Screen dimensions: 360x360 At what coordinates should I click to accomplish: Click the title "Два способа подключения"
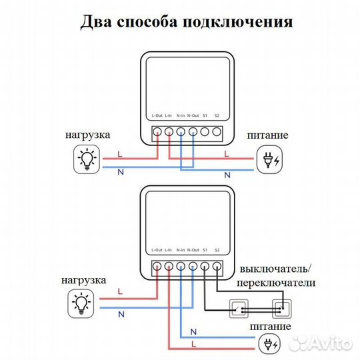[186, 21]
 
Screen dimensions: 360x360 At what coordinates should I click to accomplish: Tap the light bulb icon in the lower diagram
[83, 303]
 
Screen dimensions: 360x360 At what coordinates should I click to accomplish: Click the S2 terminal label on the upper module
[217, 116]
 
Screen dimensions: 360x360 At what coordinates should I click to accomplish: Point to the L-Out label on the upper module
[157, 116]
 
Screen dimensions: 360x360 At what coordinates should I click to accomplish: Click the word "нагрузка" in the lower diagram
[82, 281]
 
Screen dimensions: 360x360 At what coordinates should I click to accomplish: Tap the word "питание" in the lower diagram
[270, 327]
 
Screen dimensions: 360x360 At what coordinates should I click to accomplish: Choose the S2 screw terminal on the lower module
[217, 267]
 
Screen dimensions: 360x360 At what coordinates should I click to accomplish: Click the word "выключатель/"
[275, 269]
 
